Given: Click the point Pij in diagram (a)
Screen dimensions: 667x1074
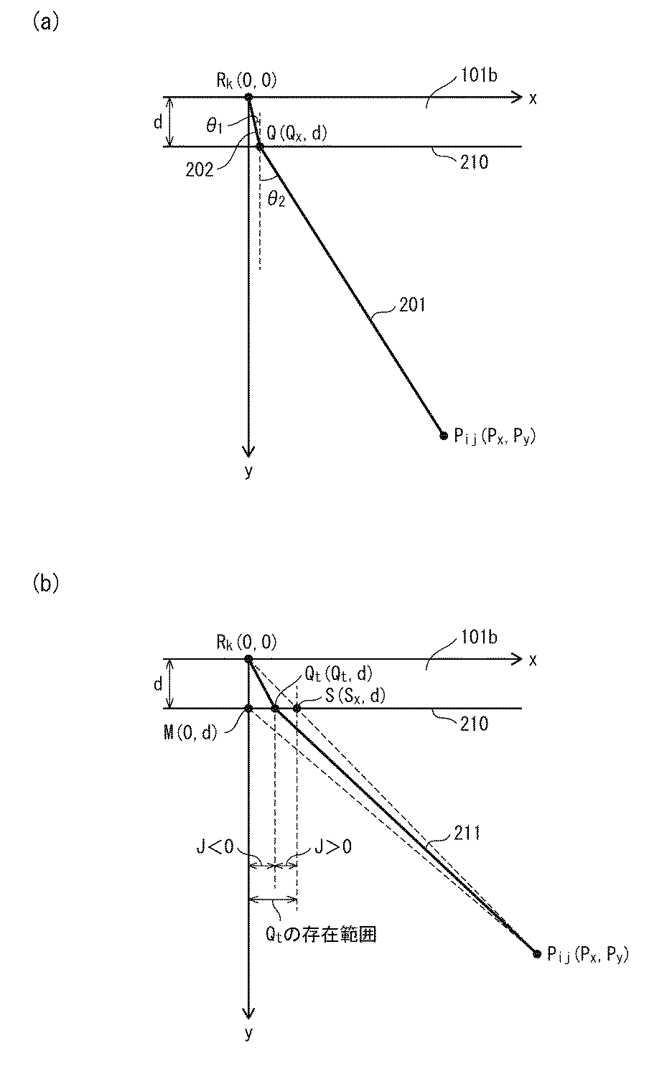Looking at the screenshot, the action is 443,434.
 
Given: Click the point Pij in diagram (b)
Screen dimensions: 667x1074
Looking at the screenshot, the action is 536,953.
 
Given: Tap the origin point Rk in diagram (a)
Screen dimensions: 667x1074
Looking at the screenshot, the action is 248,97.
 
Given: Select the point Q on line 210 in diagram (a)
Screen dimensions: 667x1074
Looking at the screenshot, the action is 260,146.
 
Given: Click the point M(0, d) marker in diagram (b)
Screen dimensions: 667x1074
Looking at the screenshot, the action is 248,709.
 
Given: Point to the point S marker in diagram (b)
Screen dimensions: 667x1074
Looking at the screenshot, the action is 297,709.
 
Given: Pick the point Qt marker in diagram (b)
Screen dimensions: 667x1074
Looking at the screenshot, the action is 275,709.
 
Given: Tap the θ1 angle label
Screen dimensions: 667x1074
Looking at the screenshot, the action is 215,125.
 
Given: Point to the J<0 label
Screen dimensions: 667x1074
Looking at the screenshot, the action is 215,847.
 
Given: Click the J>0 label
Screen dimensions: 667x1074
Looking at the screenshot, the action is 332,847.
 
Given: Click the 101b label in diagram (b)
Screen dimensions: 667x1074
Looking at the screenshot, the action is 479,637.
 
